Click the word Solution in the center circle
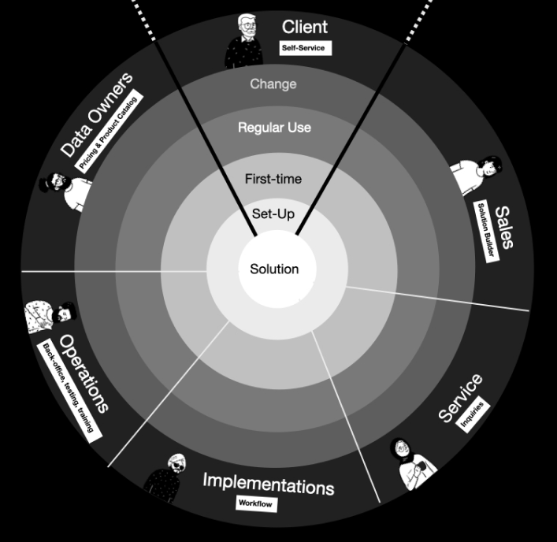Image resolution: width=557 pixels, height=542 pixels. tap(274, 269)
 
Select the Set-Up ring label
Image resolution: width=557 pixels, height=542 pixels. tap(273, 213)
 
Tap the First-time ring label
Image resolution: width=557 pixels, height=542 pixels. tap(273, 179)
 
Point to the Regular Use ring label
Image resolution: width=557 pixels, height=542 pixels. tap(274, 127)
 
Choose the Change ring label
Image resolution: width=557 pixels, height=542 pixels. tap(273, 84)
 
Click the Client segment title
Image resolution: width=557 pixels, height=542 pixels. tap(304, 27)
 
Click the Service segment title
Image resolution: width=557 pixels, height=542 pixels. tap(460, 399)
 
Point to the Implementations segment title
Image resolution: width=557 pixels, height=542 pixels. tap(269, 483)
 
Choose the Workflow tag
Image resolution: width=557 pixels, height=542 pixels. tap(257, 502)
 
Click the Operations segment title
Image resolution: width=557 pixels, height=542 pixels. tap(84, 373)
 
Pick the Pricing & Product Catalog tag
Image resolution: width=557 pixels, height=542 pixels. tap(111, 132)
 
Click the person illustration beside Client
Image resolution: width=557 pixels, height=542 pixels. tap(244, 41)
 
